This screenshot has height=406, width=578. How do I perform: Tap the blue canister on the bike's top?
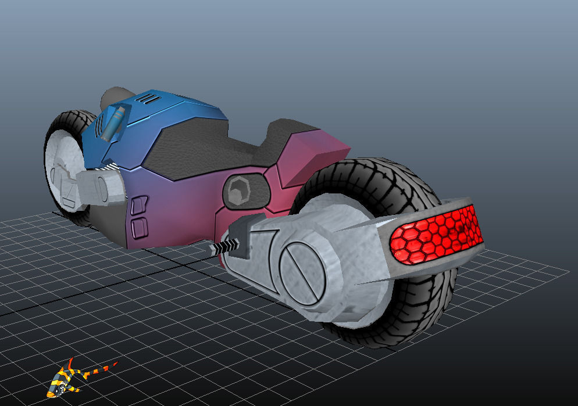pos(113,122)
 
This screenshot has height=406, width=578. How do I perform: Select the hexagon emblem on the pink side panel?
pos(238,191)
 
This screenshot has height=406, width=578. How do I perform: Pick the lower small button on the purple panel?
pos(139,227)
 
